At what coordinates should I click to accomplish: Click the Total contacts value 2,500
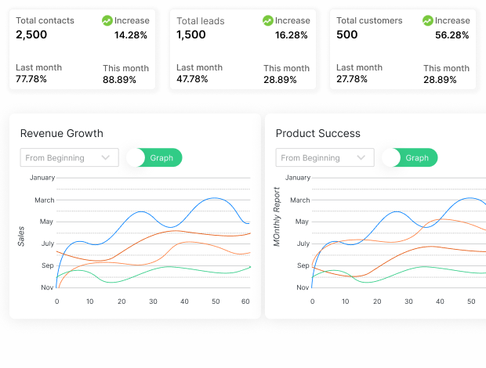tap(31, 34)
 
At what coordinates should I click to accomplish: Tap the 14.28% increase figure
tap(130, 35)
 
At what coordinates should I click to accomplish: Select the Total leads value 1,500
tap(192, 34)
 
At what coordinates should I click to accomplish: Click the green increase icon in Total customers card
tap(427, 20)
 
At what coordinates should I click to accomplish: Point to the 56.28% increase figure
tap(452, 35)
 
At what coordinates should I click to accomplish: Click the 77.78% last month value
tap(31, 79)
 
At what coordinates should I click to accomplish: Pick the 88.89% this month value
tap(119, 80)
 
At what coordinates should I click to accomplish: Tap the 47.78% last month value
tap(192, 79)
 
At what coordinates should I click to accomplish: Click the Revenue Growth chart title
tap(61, 133)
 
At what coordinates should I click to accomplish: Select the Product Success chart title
tap(317, 133)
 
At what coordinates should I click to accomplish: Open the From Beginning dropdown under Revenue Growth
tap(69, 157)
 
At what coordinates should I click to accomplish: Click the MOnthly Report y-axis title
tap(277, 218)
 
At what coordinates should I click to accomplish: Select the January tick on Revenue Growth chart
tap(42, 178)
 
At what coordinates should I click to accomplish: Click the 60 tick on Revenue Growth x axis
tap(245, 301)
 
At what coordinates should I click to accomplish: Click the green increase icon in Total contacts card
tap(107, 20)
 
